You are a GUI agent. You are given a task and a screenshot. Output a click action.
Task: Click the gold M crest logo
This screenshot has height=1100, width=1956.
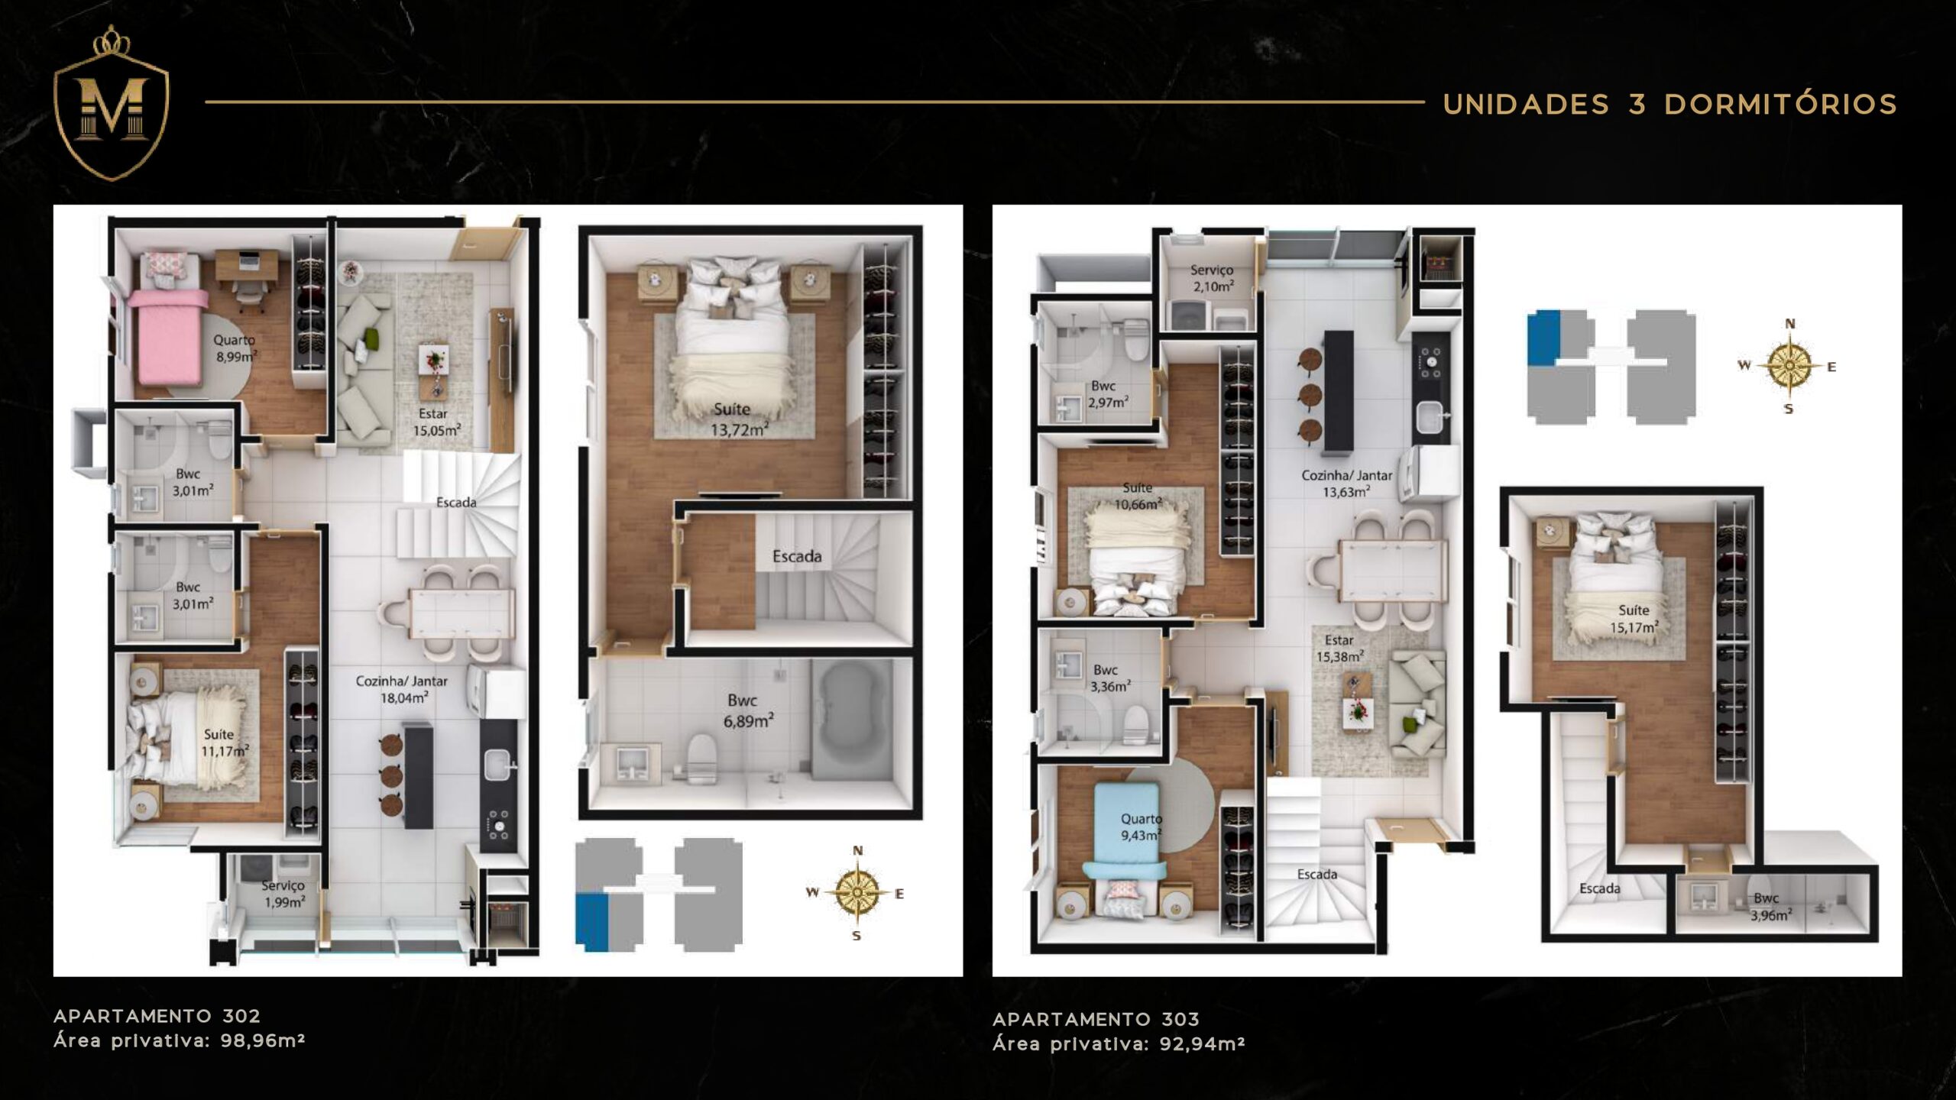(x=112, y=103)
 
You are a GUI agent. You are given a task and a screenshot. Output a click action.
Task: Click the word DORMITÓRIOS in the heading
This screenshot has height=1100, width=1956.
(x=1781, y=104)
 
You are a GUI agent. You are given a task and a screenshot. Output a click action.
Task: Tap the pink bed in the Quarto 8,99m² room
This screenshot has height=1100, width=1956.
(x=167, y=336)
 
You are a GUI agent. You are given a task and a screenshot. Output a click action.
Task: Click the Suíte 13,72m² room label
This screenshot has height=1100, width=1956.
(x=738, y=419)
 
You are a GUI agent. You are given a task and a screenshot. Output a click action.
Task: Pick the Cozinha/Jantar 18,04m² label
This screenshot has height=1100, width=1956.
(x=402, y=688)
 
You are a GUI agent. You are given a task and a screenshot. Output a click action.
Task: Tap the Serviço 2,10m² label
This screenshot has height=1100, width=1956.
(x=1213, y=278)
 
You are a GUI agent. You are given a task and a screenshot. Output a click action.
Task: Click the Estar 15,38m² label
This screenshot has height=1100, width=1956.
(x=1339, y=648)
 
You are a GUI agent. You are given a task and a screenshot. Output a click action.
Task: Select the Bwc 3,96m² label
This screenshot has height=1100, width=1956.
(x=1770, y=906)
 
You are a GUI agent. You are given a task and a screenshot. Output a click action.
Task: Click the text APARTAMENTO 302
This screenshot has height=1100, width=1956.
(x=157, y=1016)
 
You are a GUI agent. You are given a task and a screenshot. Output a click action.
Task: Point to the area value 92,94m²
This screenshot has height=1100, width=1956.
(x=1202, y=1043)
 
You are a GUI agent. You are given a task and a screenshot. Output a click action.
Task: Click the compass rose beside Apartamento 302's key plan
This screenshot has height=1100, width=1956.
(x=857, y=892)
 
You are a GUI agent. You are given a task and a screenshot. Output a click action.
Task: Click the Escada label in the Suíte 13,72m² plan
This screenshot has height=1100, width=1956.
(x=797, y=556)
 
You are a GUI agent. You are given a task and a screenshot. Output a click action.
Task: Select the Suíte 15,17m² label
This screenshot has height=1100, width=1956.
(x=1634, y=619)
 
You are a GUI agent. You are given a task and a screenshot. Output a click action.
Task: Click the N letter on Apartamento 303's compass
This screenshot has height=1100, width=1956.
(x=1789, y=324)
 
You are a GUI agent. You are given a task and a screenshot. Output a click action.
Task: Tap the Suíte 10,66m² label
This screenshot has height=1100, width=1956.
(x=1138, y=496)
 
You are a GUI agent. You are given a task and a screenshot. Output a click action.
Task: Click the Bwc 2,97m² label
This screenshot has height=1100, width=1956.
(x=1107, y=394)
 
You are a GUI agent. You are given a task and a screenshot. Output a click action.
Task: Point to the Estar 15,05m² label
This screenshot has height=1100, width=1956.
(x=436, y=422)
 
